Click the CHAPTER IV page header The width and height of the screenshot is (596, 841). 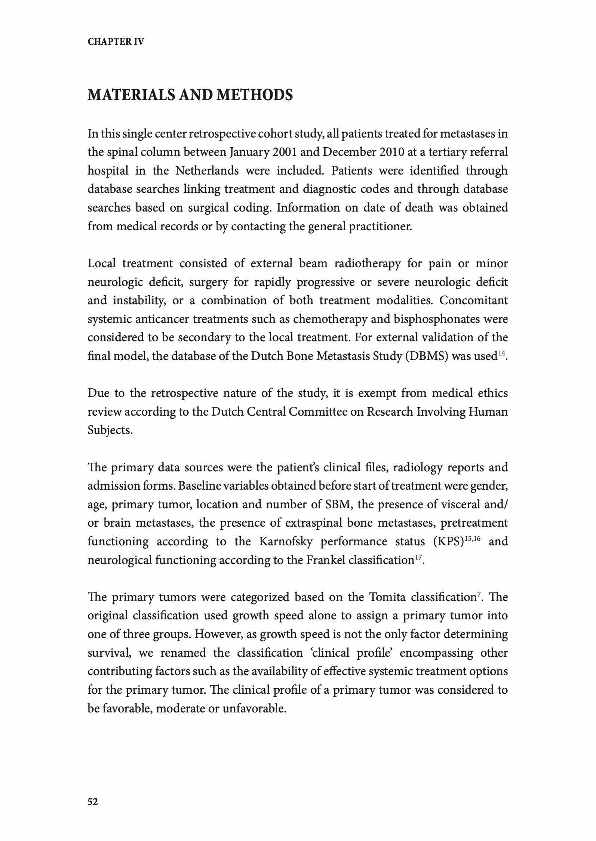pyautogui.click(x=116, y=41)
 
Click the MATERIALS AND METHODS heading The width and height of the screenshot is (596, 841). pyautogui.click(x=190, y=95)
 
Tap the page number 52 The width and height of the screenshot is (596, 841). pyautogui.click(x=93, y=801)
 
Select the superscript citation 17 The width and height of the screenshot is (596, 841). pyautogui.click(x=419, y=557)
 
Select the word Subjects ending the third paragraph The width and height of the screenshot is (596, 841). pyautogui.click(x=109, y=430)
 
